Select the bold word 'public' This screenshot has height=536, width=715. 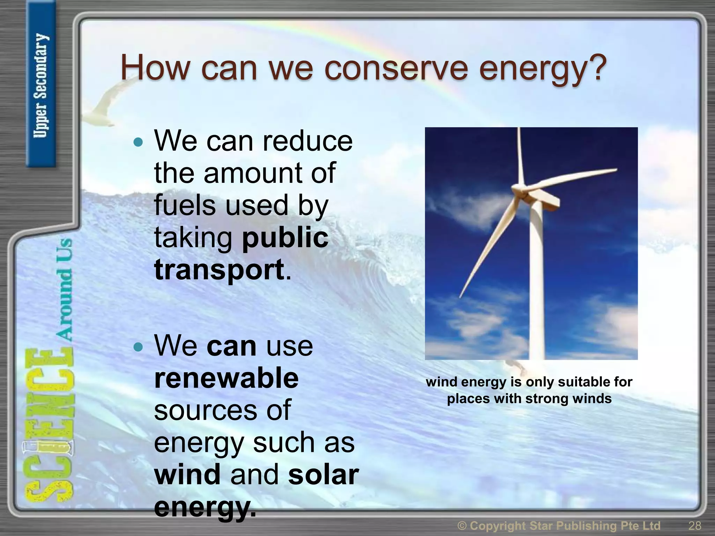(285, 238)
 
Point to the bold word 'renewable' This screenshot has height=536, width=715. (226, 378)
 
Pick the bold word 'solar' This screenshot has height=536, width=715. (323, 475)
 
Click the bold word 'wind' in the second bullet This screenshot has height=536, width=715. (187, 475)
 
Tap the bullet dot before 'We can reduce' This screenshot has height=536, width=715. (139, 142)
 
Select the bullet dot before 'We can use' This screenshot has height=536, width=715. (139, 347)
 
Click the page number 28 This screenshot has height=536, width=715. (695, 525)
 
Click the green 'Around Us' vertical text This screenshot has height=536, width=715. (65, 290)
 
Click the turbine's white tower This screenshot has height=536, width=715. (538, 286)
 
